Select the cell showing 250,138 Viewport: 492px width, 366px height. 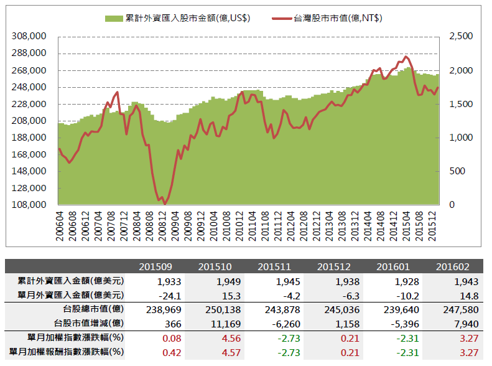pyautogui.click(x=214, y=309)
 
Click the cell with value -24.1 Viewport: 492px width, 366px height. pyautogui.click(x=155, y=295)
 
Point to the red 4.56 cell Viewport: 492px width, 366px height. pyautogui.click(x=214, y=338)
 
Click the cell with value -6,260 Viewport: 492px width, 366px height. pyautogui.click(x=274, y=324)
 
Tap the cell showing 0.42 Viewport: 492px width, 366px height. pyautogui.click(x=155, y=352)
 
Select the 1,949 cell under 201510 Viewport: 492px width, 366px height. pyautogui.click(x=214, y=281)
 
